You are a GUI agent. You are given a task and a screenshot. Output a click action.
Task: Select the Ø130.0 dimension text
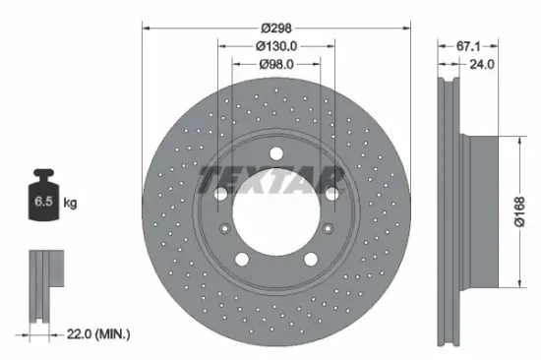(276, 45)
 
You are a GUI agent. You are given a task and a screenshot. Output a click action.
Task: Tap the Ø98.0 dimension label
(276, 64)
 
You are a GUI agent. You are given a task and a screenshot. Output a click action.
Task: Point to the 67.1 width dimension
(466, 45)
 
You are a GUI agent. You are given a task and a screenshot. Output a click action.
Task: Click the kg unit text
(70, 204)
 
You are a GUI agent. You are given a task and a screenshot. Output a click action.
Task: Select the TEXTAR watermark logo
(270, 179)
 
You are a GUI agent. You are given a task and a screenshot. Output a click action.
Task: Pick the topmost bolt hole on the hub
(275, 151)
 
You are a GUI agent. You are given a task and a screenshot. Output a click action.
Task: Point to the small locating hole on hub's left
(227, 229)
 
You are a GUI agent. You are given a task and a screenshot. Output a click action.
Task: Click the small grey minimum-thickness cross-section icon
(44, 285)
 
